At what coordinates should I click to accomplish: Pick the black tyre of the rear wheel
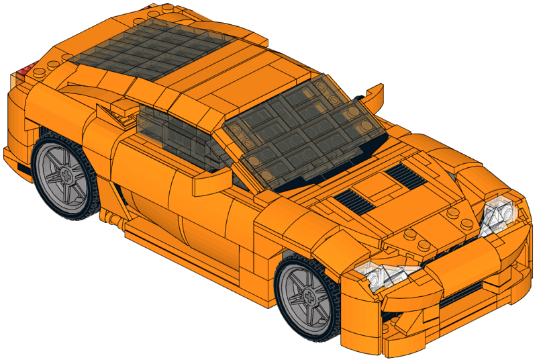(47, 195)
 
